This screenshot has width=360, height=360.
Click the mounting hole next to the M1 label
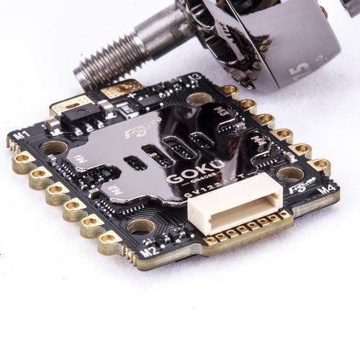54,148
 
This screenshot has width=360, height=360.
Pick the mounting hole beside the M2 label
141,227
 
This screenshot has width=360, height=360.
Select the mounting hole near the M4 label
289,173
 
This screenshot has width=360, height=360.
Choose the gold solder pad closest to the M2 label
109,239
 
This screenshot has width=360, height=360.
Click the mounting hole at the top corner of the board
199,98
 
